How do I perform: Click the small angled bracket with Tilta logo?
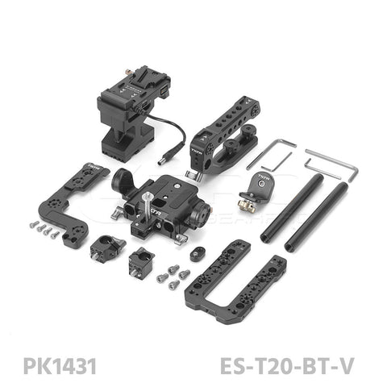point(258,181)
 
